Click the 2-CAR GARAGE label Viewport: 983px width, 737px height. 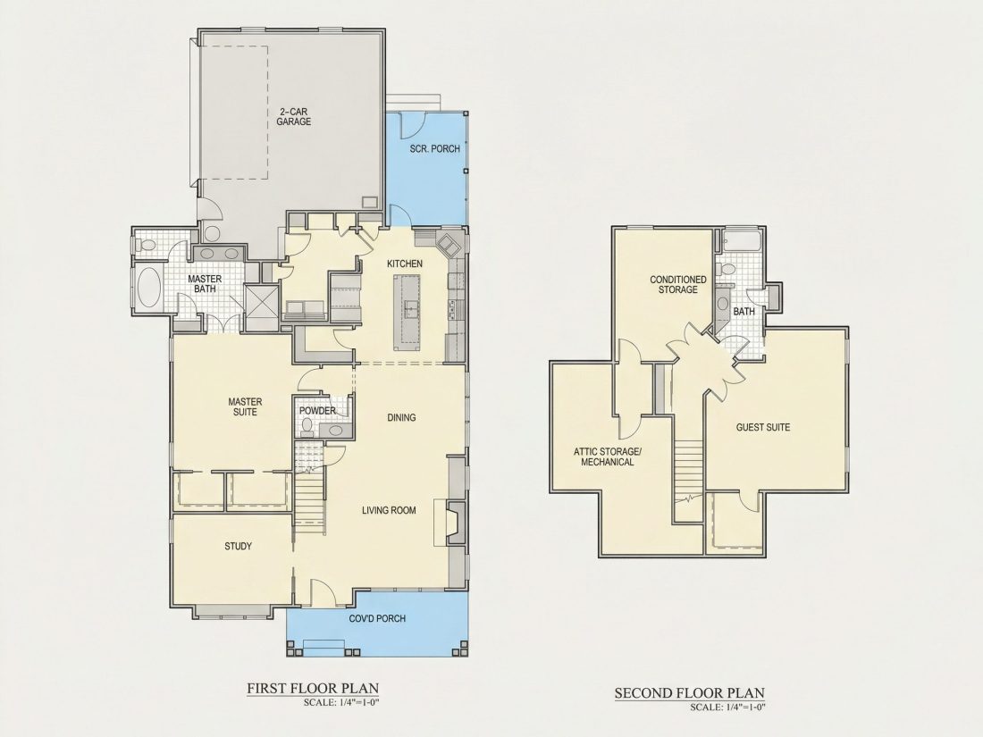tap(293, 116)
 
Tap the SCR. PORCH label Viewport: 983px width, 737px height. tap(434, 149)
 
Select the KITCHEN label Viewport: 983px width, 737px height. tap(404, 264)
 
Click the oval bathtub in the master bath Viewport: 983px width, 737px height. tap(150, 288)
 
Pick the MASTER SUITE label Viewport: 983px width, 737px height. tap(245, 406)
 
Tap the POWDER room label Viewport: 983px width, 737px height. tap(316, 411)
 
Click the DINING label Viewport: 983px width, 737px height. tap(401, 417)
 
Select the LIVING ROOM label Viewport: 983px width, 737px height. tap(389, 510)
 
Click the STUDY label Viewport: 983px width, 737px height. tap(239, 547)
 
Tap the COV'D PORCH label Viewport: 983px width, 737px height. tap(377, 618)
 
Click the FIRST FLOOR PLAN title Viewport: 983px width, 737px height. tap(313, 689)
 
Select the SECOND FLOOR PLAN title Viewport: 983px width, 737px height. tap(690, 693)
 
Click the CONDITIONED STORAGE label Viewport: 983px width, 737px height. tap(677, 284)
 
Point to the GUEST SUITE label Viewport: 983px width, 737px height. tap(763, 427)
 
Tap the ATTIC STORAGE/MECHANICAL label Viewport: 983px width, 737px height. tap(608, 456)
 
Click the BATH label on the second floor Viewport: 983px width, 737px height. tap(744, 312)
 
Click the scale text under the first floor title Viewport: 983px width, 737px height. tap(341, 702)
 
